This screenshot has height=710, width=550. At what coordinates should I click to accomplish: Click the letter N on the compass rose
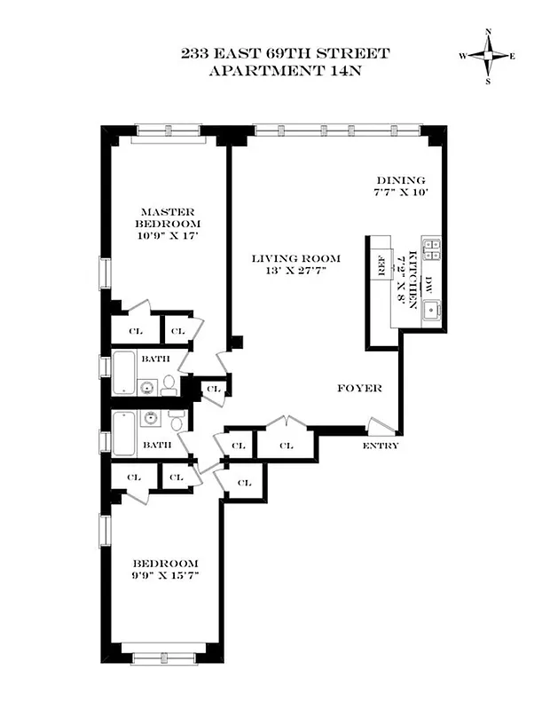click(488, 33)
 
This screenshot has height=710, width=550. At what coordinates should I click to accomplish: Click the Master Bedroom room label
click(169, 217)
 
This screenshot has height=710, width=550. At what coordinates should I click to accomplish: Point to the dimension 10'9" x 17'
click(169, 236)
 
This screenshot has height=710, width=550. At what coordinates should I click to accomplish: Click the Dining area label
click(400, 179)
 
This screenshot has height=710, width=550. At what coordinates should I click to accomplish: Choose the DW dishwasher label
click(429, 284)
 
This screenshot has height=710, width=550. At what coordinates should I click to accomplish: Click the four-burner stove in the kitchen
click(431, 249)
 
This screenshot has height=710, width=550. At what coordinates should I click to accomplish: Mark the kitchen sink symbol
click(432, 311)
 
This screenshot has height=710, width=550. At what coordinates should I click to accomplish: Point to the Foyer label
click(359, 389)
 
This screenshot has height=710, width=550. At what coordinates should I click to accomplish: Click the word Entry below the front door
click(381, 446)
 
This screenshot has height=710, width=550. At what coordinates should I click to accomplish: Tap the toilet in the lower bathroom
click(177, 422)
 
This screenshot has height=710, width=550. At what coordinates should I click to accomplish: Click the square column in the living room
click(236, 341)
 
